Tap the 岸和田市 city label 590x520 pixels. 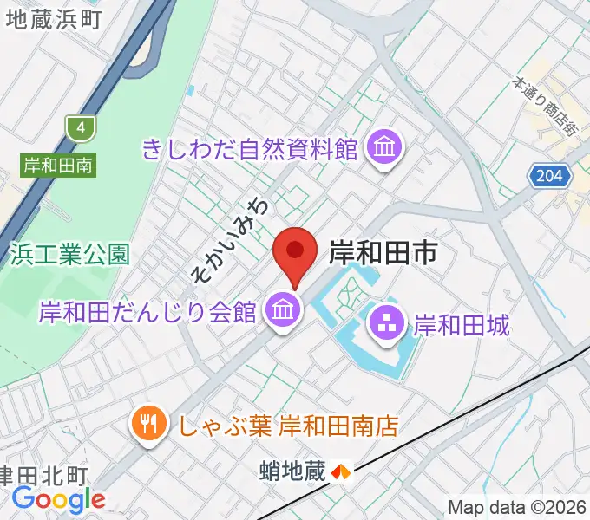pyautogui.click(x=383, y=254)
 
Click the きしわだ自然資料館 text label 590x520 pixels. pyautogui.click(x=251, y=149)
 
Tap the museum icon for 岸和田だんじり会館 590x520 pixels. pyautogui.click(x=282, y=309)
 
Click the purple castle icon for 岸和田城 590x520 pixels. pyautogui.click(x=385, y=326)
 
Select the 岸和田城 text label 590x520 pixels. pyautogui.click(x=461, y=326)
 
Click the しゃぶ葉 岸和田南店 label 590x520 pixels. pyautogui.click(x=287, y=426)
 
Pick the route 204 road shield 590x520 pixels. pyautogui.click(x=550, y=177)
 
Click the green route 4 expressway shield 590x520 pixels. pyautogui.click(x=81, y=128)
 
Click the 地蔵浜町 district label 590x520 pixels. pyautogui.click(x=54, y=21)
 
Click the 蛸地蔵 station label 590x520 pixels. pyautogui.click(x=292, y=471)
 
